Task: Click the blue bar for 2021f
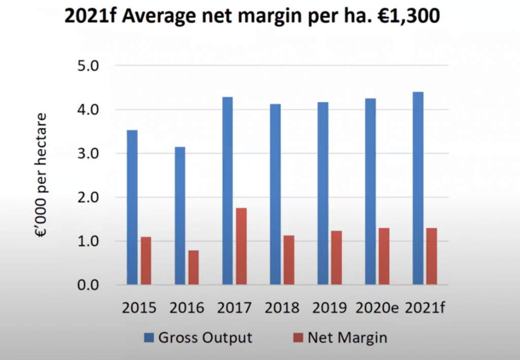(418, 188)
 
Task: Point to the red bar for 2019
(336, 257)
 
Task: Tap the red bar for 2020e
(384, 256)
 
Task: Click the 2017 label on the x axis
(235, 308)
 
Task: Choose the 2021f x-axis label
(426, 308)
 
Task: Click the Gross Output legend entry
(205, 338)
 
